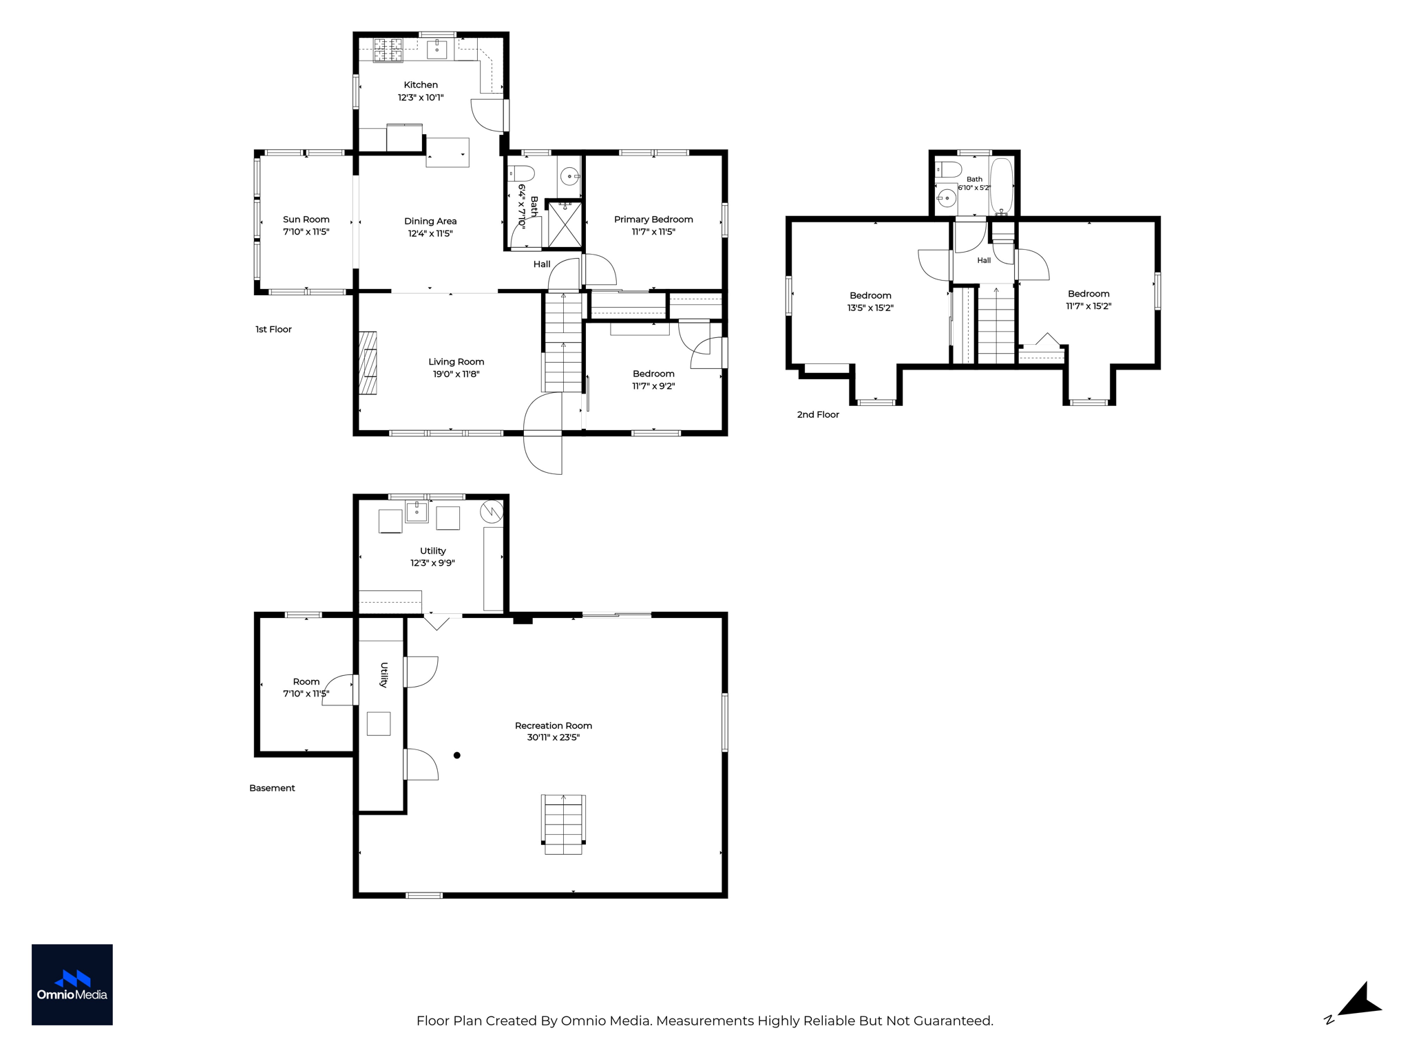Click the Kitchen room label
(421, 85)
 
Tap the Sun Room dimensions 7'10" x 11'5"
(306, 232)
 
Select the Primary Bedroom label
(653, 220)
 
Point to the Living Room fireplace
(368, 363)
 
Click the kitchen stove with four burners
(388, 50)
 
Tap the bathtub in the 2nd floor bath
(1001, 187)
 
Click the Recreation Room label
(554, 725)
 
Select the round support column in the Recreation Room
(457, 756)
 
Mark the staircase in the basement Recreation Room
(564, 824)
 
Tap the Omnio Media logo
(72, 985)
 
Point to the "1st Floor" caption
(273, 330)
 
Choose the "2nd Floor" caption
(818, 415)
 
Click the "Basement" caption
(272, 788)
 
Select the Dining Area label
(430, 221)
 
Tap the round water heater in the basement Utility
(492, 511)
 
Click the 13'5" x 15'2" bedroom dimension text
(870, 308)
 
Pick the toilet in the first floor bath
(522, 173)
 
